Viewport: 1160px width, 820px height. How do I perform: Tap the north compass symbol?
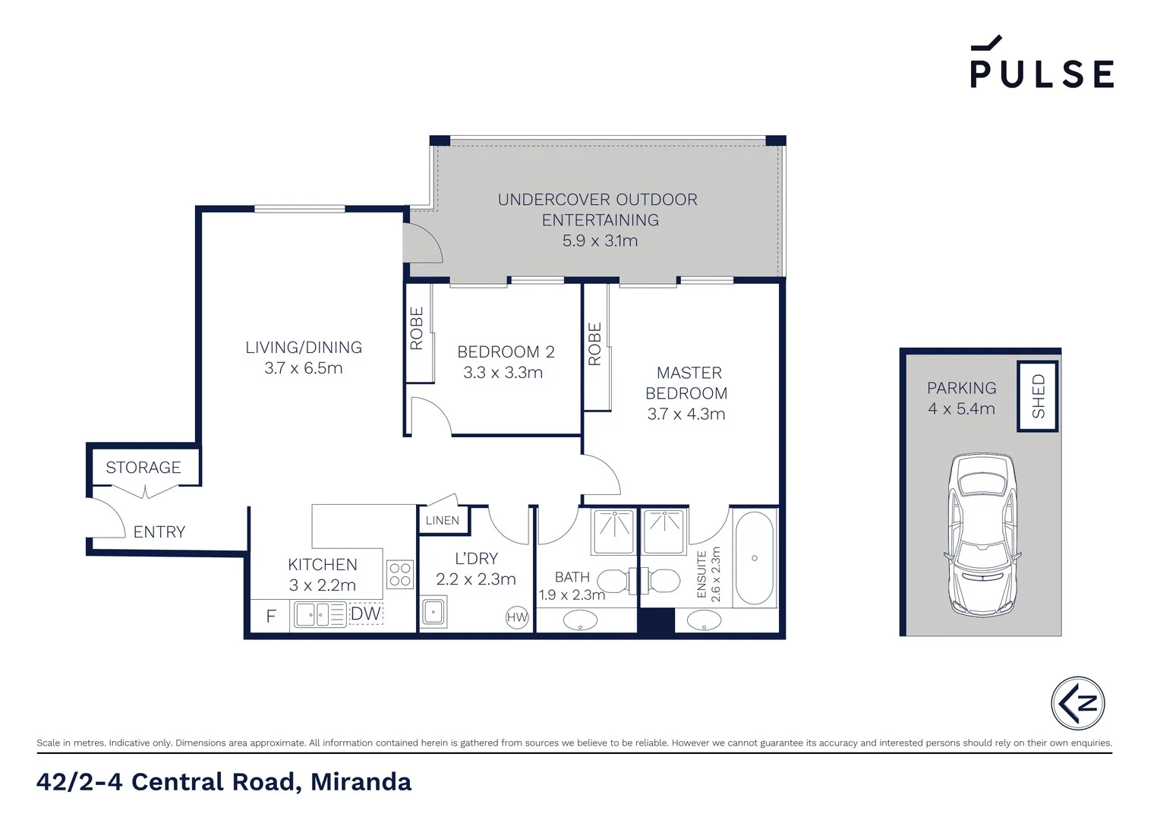point(1077,702)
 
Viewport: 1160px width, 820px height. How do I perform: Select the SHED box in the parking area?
point(1038,396)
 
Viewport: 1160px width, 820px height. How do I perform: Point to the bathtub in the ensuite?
point(754,558)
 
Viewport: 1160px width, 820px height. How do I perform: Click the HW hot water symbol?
point(517,617)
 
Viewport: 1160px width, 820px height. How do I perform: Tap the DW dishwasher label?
point(366,613)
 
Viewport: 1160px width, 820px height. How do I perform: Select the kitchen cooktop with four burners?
point(400,575)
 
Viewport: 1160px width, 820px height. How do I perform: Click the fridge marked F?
point(270,617)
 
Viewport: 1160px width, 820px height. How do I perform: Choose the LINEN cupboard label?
point(443,520)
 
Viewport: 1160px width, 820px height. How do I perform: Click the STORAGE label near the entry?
point(143,468)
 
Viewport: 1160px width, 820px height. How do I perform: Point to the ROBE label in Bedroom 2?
point(417,328)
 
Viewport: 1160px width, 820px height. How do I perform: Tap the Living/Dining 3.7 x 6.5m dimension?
point(304,368)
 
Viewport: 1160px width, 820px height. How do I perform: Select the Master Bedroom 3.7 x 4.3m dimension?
point(686,414)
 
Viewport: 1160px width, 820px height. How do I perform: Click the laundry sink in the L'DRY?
point(434,612)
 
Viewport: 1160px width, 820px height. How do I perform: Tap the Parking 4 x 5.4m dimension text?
point(961,408)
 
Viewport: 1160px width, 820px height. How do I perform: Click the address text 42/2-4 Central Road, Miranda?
point(224,781)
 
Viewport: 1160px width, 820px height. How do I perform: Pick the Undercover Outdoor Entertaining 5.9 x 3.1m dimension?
point(600,241)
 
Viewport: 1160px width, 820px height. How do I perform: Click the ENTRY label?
point(159,532)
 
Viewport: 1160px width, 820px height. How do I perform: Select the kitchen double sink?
point(320,614)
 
